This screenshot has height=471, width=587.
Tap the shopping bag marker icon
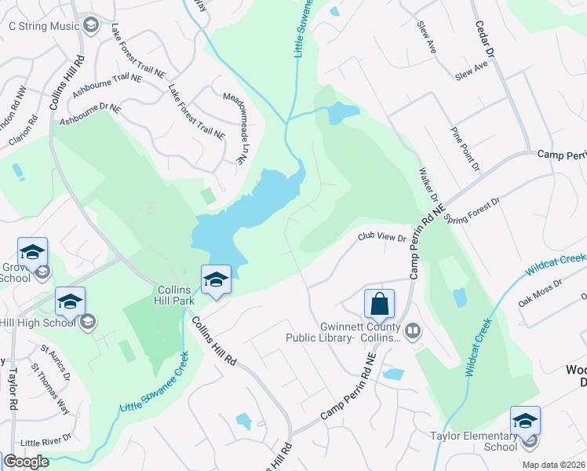pos(379,304)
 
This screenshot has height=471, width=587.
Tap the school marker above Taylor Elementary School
pos(525,420)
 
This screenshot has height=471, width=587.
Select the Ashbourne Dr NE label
pos(91,116)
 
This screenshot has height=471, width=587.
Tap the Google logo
pos(26,462)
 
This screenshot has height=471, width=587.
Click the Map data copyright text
pos(554,465)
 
